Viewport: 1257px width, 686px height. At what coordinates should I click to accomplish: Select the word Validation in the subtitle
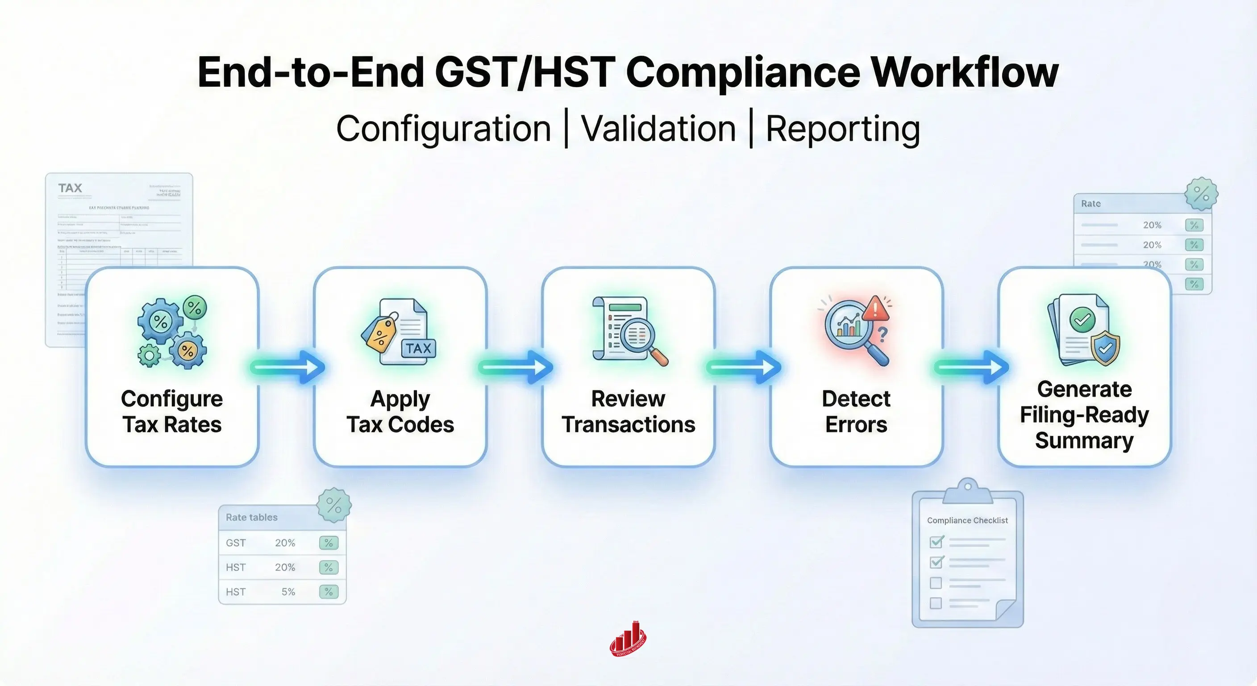click(x=659, y=129)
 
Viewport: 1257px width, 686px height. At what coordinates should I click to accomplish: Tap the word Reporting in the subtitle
click(x=843, y=129)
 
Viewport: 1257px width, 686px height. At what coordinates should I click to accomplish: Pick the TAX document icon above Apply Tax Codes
click(x=400, y=332)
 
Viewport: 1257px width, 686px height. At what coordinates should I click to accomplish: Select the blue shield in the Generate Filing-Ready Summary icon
click(x=1105, y=347)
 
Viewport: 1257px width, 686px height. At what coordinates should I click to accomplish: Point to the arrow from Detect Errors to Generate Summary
click(x=970, y=367)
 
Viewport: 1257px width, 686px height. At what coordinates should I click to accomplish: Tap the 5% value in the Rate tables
click(x=288, y=592)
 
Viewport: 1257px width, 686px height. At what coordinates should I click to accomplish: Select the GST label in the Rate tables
click(x=236, y=543)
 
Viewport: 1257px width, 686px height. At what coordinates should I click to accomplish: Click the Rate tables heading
click(x=251, y=517)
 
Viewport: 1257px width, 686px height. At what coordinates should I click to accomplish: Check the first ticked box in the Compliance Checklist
click(x=937, y=541)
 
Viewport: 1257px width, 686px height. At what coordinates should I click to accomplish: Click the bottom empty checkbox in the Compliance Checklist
click(x=936, y=603)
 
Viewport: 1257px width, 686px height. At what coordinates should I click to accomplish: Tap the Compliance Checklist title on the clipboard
click(x=967, y=520)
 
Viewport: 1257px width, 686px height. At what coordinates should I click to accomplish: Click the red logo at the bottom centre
click(x=628, y=640)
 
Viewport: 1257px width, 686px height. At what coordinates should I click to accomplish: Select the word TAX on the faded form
click(x=70, y=188)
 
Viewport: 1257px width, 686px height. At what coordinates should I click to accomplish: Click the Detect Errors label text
click(x=856, y=412)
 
